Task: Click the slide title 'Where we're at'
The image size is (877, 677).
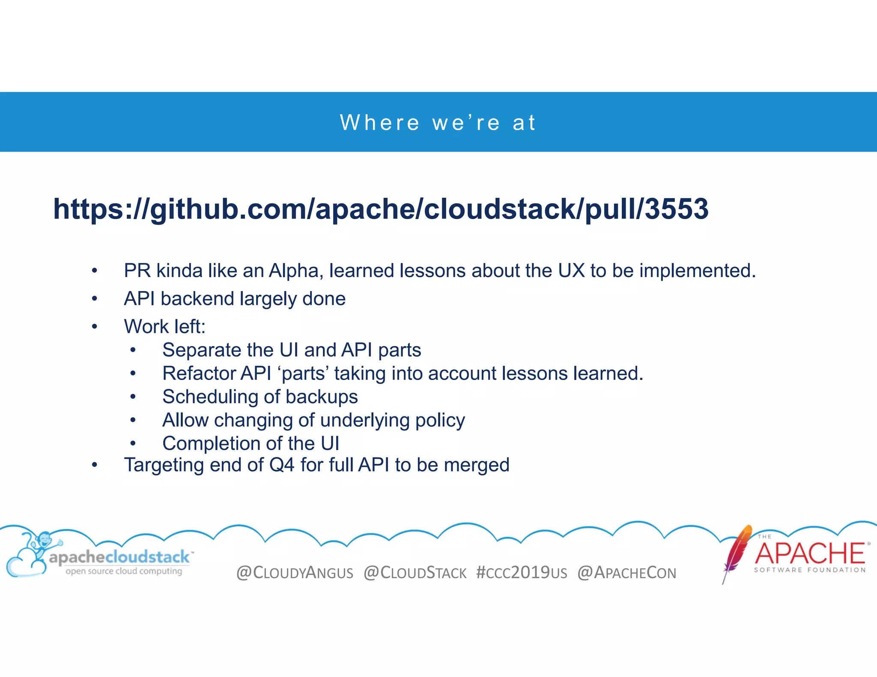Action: pos(438,123)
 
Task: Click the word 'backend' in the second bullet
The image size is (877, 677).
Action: pos(198,299)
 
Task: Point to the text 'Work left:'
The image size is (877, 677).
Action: pos(164,327)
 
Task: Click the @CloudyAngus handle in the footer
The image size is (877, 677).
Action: pos(295,573)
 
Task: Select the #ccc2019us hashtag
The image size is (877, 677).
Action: pos(521,573)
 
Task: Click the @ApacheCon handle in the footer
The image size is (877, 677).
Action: pos(626,573)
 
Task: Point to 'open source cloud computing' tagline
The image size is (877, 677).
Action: pos(124,571)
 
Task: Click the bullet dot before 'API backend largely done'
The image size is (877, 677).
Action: pos(95,299)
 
